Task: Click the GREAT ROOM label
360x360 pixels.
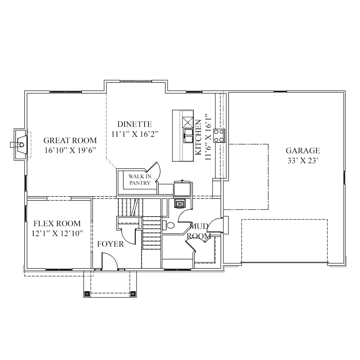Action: click(70, 140)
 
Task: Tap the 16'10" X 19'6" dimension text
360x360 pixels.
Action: click(70, 150)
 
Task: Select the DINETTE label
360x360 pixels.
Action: click(134, 124)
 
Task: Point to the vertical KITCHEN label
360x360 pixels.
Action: click(198, 137)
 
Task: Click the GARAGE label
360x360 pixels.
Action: click(302, 151)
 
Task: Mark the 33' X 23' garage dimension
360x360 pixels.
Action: click(302, 161)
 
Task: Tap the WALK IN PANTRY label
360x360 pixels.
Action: click(140, 180)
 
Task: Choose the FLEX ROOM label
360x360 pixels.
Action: click(57, 223)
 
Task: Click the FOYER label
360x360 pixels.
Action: click(110, 244)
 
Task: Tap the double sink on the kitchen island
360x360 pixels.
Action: click(188, 136)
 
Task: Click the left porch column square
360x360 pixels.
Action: click(87, 294)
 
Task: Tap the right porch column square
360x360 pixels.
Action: click(133, 294)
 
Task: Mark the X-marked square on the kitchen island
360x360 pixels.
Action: click(188, 122)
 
